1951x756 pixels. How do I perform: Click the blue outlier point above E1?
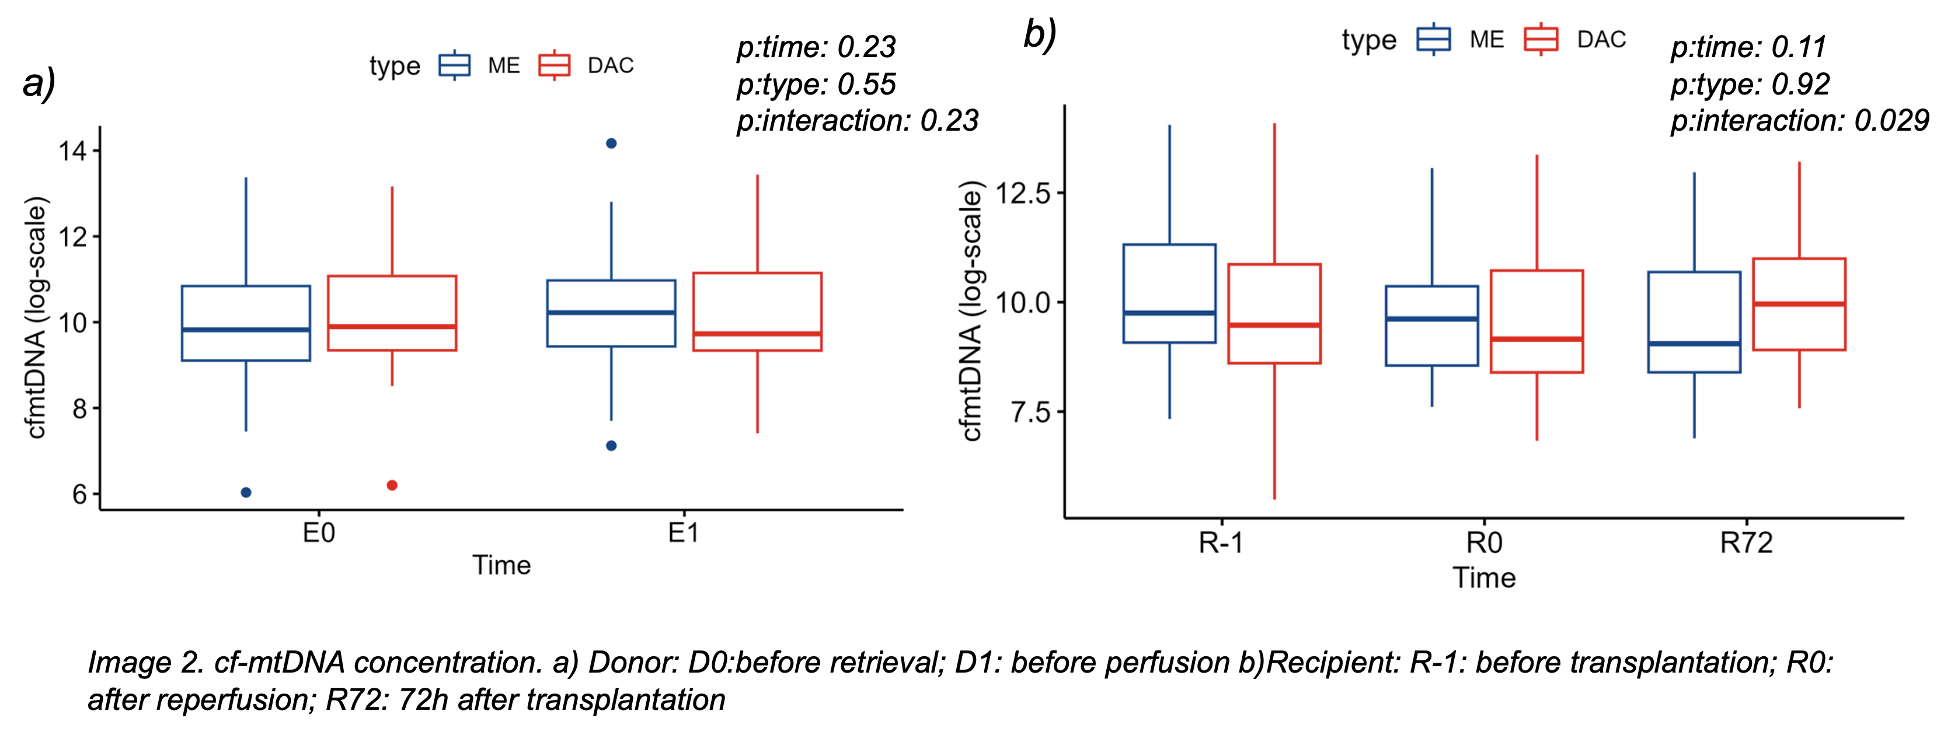pyautogui.click(x=611, y=143)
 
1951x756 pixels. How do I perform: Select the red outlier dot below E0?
pyautogui.click(x=392, y=485)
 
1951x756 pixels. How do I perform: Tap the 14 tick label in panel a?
pyautogui.click(x=73, y=151)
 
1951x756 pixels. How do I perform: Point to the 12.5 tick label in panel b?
pyautogui.click(x=1022, y=194)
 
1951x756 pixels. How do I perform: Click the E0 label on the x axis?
pyautogui.click(x=318, y=534)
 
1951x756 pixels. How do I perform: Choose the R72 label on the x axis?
pyautogui.click(x=1746, y=543)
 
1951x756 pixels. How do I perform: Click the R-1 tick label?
pyautogui.click(x=1221, y=543)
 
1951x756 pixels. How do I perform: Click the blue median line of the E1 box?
pyautogui.click(x=611, y=313)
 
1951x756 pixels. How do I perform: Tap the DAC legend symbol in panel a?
pyautogui.click(x=555, y=66)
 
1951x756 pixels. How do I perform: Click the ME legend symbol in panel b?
pyautogui.click(x=1434, y=39)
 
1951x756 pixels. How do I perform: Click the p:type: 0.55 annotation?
pyautogui.click(x=817, y=84)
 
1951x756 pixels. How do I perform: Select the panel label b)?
pyautogui.click(x=1040, y=35)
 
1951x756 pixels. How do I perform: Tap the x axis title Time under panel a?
pyautogui.click(x=501, y=565)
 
